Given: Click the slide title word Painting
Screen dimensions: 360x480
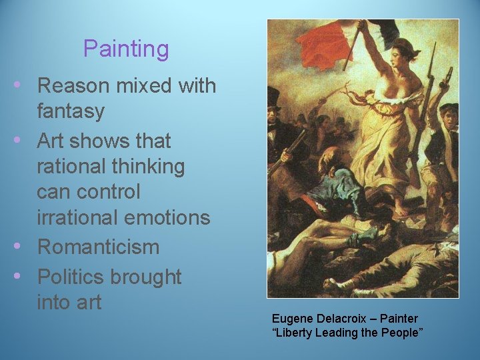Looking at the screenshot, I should coord(126,49).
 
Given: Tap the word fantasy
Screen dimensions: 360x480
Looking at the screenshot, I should coord(71,111).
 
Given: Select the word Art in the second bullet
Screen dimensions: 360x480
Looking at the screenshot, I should coord(51,141).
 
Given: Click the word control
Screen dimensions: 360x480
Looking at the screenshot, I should coord(107,191).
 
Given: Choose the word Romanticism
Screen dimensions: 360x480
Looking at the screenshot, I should coord(98,247).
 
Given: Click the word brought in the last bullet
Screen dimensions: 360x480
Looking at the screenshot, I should coord(145,276).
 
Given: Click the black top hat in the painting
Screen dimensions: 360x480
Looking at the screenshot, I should coord(274,99).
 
